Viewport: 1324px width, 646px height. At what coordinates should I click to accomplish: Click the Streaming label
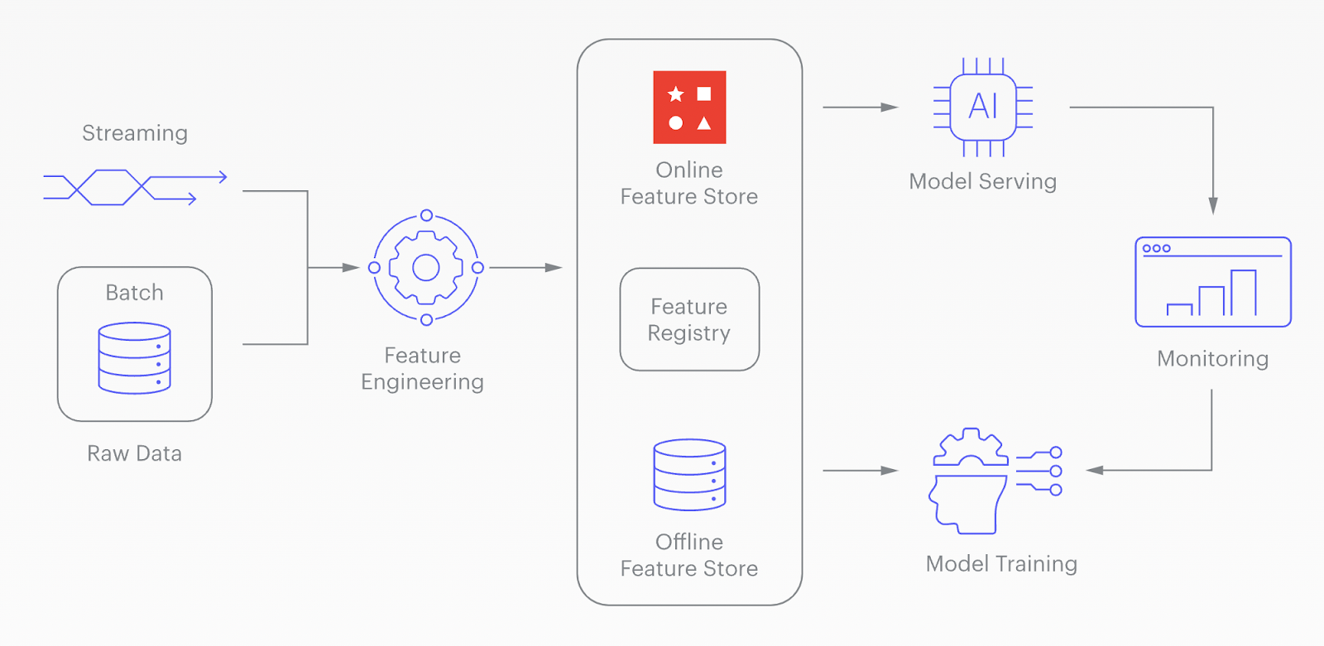coord(135,133)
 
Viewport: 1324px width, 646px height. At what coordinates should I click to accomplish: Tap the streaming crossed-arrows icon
coord(134,188)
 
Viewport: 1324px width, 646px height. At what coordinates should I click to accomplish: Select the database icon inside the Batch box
coord(134,358)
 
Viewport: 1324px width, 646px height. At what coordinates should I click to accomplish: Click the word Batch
coord(134,293)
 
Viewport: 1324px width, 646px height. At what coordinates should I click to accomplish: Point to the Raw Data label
coord(134,453)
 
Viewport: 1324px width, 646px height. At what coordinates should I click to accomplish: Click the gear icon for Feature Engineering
coord(425,267)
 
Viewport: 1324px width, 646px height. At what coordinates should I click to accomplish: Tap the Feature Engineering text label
coord(422,369)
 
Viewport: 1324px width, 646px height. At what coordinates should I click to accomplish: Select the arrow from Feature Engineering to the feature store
coord(525,267)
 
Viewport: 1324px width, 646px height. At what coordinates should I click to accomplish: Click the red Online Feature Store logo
coord(689,108)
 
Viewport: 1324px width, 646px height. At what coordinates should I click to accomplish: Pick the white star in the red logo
coord(675,94)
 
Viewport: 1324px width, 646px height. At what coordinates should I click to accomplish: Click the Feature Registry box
coord(689,319)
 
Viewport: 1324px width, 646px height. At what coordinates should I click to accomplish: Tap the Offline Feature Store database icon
coord(689,475)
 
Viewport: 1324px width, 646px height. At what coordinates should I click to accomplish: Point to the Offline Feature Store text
coord(689,555)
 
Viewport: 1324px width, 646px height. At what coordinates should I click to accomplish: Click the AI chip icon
coord(983,107)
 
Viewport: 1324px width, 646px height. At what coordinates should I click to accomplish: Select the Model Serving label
coord(982,182)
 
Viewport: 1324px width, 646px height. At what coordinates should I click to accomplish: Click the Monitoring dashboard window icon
coord(1213,282)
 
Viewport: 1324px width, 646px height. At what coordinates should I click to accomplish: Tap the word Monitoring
coord(1212,359)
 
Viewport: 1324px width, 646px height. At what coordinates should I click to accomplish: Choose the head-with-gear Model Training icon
coord(993,481)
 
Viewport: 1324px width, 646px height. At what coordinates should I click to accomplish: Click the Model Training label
coord(1001,564)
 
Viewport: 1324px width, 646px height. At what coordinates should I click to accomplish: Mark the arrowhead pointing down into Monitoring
coord(1213,206)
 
